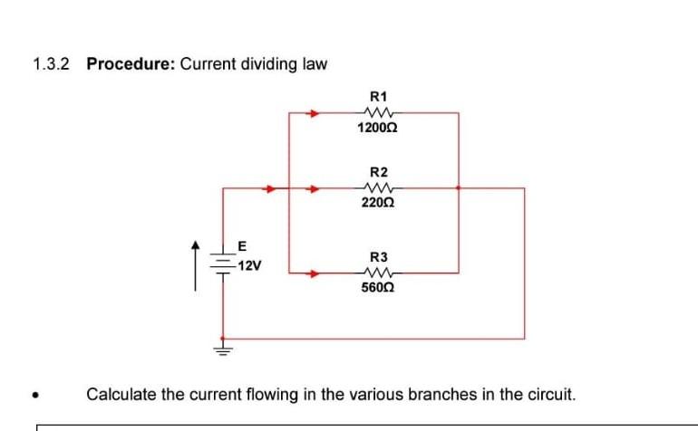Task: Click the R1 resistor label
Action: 379,96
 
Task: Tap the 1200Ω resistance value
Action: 378,129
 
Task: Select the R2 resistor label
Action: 379,172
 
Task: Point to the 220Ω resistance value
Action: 378,205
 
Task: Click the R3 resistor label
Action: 379,257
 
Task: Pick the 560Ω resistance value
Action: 378,289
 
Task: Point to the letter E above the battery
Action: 241,245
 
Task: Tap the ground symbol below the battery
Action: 223,346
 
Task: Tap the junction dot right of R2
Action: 459,189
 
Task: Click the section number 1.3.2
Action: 51,64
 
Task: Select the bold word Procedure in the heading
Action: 131,64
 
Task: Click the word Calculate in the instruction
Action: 121,394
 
